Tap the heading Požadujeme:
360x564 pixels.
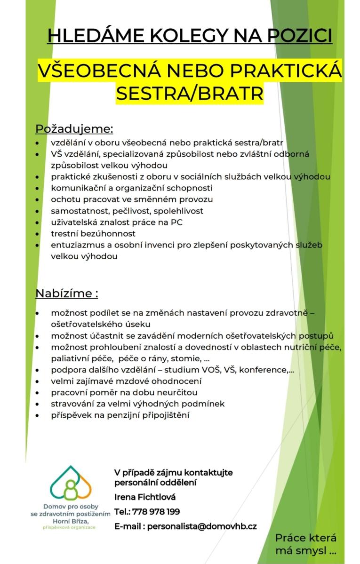pyautogui.click(x=74, y=128)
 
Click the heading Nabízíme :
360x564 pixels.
pyautogui.click(x=67, y=294)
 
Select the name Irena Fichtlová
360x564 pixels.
pyautogui.click(x=145, y=497)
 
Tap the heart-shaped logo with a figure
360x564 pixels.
pyautogui.click(x=71, y=484)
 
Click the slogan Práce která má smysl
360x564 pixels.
pyautogui.click(x=305, y=544)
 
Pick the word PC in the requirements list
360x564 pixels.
pyautogui.click(x=176, y=222)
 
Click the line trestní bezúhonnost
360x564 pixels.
pyautogui.click(x=93, y=233)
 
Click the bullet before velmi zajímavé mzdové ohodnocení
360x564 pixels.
pyautogui.click(x=38, y=381)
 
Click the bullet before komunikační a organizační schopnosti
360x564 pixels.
pyautogui.click(x=38, y=188)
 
